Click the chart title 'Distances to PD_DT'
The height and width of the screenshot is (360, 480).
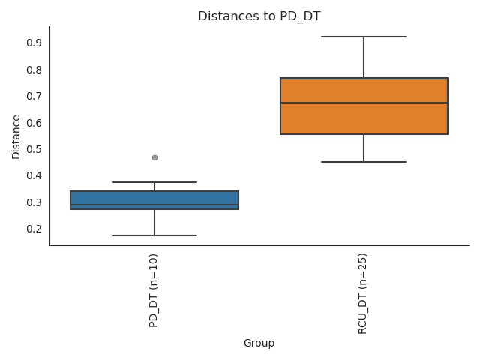259,16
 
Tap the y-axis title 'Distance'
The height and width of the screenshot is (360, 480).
16,136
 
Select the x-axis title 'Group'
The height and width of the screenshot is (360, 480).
259,343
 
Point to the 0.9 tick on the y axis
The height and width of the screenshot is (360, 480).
33,43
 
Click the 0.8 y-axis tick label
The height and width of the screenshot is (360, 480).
33,70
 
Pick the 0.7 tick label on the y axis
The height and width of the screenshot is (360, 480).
33,96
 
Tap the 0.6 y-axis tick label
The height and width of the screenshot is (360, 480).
33,123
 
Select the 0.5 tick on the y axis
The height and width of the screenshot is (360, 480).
33,149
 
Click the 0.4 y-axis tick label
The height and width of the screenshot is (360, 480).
33,175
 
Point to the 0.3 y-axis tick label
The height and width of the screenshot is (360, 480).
33,202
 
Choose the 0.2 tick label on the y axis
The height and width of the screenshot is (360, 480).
33,229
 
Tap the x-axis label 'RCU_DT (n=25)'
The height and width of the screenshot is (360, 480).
364,293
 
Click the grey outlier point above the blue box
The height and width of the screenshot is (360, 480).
154,157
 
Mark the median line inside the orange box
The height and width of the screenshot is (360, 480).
364,103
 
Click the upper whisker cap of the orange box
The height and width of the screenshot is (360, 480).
364,37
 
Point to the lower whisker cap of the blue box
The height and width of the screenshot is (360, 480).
154,235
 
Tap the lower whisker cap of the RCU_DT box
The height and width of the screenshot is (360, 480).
364,162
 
